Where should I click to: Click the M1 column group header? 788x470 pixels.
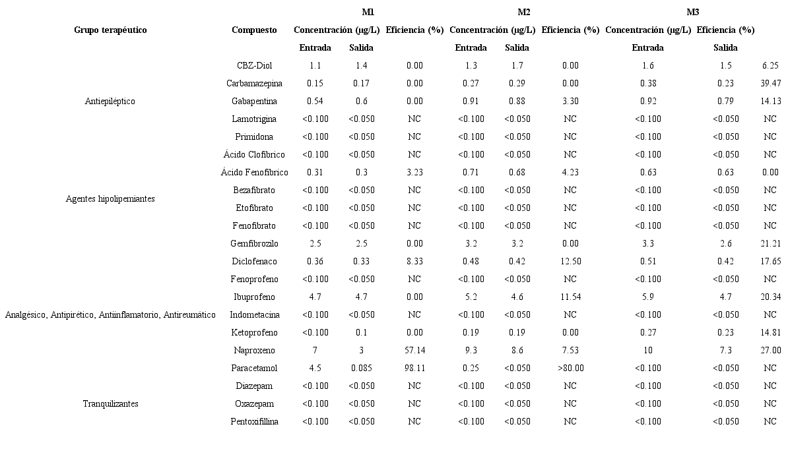(368, 12)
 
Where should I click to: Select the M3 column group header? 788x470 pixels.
(692, 12)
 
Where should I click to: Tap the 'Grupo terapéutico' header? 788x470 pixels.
(110, 30)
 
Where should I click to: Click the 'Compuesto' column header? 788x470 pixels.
(254, 30)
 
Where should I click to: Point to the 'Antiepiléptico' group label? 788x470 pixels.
(110, 101)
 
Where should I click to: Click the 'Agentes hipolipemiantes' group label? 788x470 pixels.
(110, 198)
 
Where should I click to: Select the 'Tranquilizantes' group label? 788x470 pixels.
(110, 403)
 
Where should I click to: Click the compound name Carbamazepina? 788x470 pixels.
(254, 83)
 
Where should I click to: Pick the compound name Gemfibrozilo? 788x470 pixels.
(254, 243)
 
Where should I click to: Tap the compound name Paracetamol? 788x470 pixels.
(254, 368)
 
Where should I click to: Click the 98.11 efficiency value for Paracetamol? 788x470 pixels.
(414, 368)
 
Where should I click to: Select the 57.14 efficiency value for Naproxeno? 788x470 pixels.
(414, 350)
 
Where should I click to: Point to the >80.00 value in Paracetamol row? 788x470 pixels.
(570, 368)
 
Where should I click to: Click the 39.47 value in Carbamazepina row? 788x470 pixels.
(770, 83)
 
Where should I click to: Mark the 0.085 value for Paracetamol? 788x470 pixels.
(361, 368)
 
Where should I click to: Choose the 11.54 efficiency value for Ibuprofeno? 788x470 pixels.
(570, 297)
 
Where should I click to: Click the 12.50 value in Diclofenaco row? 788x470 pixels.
(570, 261)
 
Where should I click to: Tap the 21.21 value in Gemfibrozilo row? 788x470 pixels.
(770, 243)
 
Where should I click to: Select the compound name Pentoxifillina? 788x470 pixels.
(254, 421)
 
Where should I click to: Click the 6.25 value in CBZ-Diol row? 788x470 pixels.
(770, 65)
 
